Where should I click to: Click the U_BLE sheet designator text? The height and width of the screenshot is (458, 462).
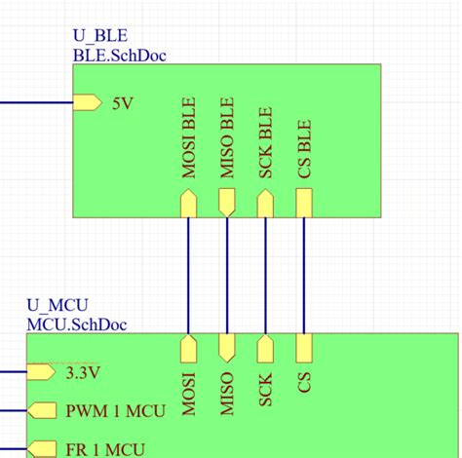pos(99,37)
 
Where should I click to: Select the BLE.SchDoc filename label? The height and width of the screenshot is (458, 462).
pos(119,55)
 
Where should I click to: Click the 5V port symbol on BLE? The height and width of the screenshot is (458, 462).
pos(87,102)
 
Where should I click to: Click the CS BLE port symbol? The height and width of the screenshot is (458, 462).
pos(304,202)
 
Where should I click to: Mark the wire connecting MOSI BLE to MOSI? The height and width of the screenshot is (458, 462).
pos(189,276)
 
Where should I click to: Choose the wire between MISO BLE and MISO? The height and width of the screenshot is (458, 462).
pos(227,276)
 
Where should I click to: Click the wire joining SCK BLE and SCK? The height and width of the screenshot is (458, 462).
pos(265,276)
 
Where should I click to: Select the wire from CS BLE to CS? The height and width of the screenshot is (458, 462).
pos(304,276)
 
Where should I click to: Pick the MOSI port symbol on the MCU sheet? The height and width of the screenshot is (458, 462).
pos(189,348)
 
